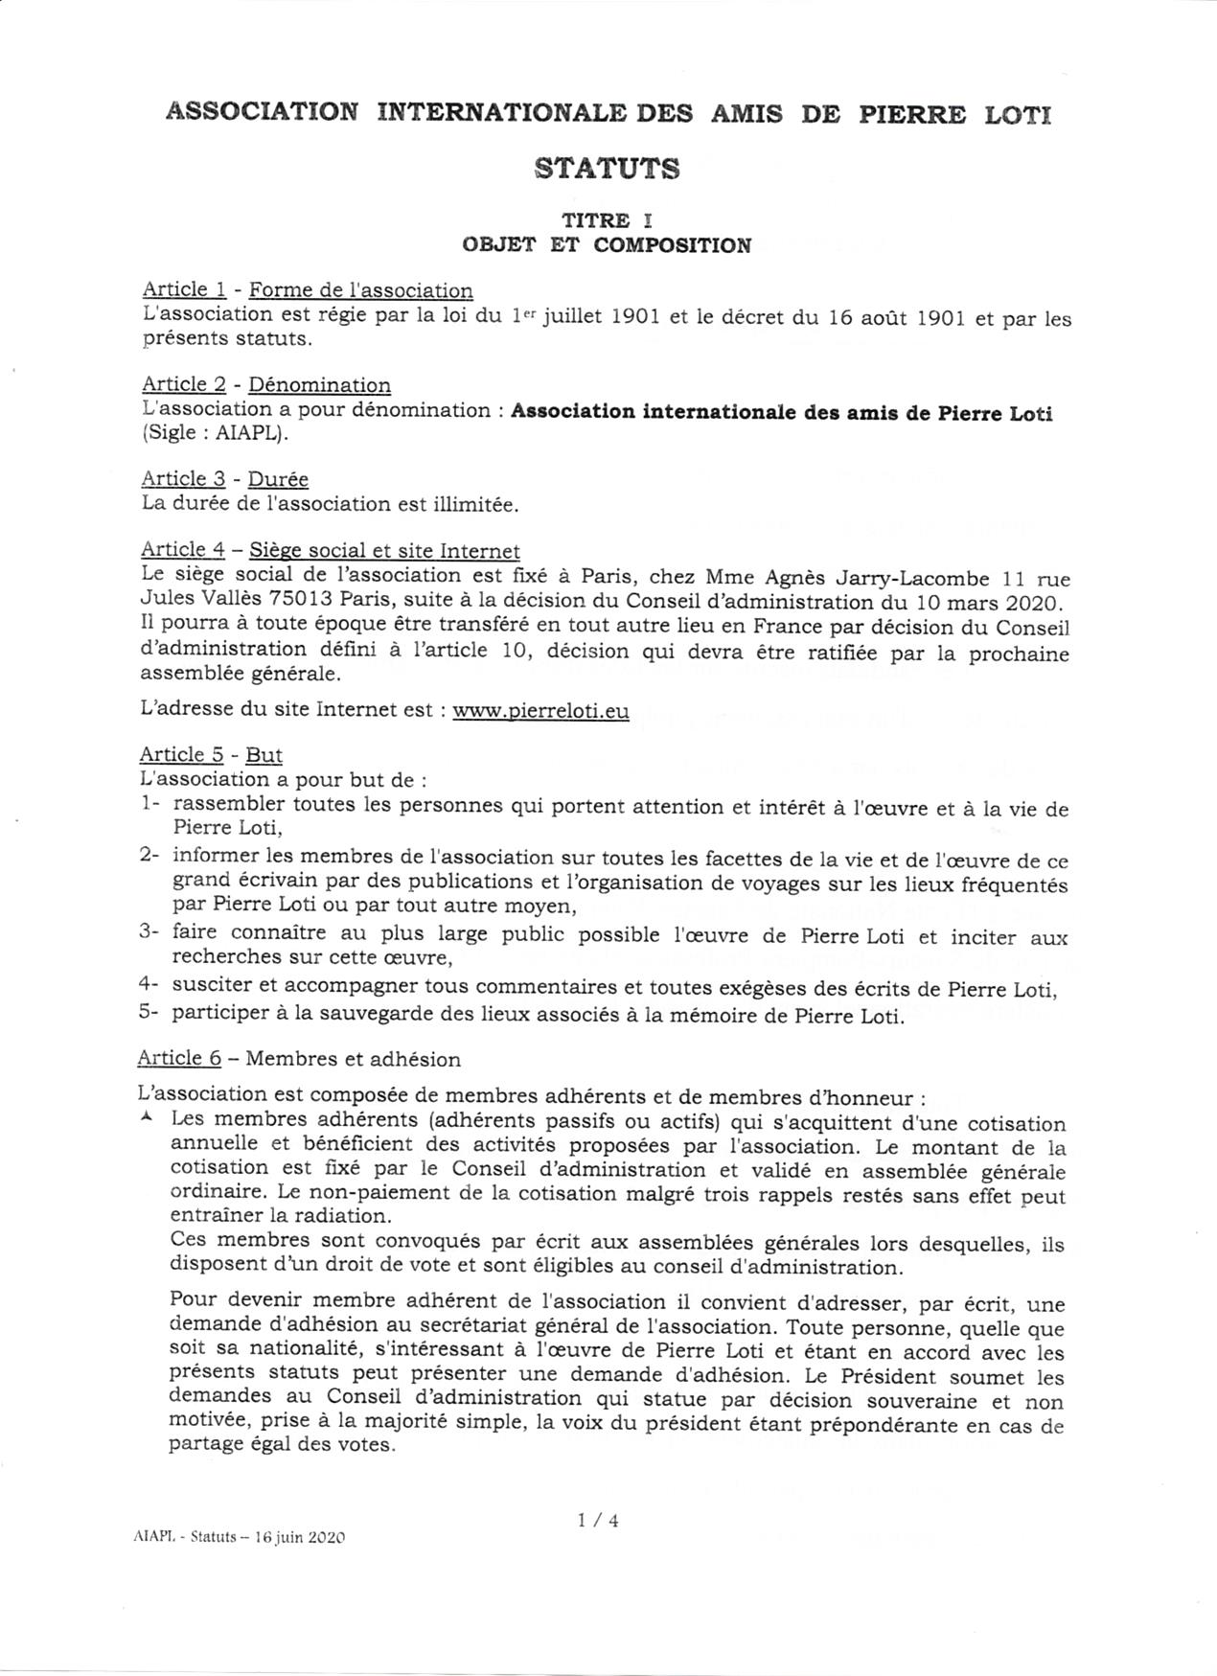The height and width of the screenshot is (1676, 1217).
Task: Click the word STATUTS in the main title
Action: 608,169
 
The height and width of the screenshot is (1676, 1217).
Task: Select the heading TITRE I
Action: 607,220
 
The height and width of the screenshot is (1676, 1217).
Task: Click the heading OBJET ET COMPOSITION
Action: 607,245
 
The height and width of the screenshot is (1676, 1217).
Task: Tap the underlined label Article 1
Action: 184,289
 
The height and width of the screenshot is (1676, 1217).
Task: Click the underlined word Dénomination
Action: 320,385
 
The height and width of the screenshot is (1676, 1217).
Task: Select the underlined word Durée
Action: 278,479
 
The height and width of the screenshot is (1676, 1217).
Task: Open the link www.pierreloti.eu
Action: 540,712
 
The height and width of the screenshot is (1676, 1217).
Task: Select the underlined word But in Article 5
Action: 264,754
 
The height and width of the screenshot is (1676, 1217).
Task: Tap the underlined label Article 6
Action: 179,1059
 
